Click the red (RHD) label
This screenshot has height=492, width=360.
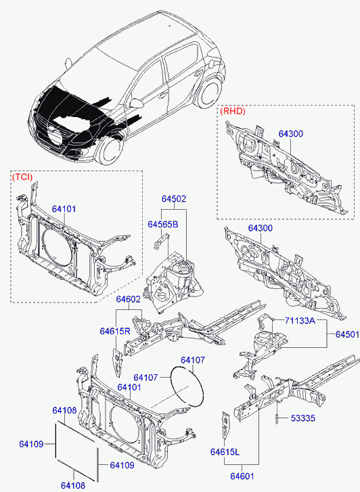pyautogui.click(x=233, y=111)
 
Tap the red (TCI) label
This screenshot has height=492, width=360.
pyautogui.click(x=22, y=177)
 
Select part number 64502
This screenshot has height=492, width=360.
pyautogui.click(x=174, y=198)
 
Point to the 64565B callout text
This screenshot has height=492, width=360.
pyautogui.click(x=163, y=225)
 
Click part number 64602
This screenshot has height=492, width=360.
pyautogui.click(x=129, y=299)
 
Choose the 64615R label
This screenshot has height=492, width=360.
pyautogui.click(x=115, y=331)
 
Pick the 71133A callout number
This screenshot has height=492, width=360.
pyautogui.click(x=300, y=321)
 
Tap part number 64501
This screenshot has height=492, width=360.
pyautogui.click(x=347, y=334)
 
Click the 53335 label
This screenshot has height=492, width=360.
pyautogui.click(x=303, y=418)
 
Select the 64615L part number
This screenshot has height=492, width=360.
pyautogui.click(x=225, y=452)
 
